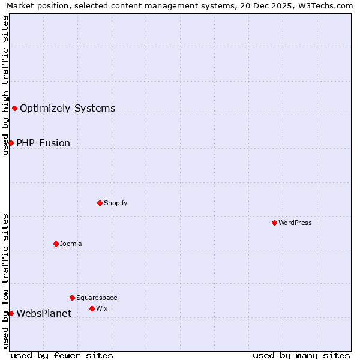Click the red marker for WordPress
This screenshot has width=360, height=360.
coord(274,223)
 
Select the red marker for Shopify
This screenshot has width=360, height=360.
coord(100,203)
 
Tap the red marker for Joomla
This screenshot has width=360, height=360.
coord(56,244)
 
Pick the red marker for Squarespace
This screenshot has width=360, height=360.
coord(72,298)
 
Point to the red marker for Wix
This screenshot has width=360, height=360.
coord(92,308)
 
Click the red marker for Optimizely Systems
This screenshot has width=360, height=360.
coord(14,108)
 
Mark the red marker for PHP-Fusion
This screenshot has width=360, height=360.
coord(11,143)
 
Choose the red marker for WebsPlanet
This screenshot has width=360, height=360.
coord(11,313)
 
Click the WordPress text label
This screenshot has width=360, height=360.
coord(295,223)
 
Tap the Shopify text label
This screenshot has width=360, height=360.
coord(116,203)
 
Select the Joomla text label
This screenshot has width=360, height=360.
coord(71,244)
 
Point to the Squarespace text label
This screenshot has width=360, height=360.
coord(97,298)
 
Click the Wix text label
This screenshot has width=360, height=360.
coord(102,308)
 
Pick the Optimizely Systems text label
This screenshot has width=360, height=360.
coord(67,109)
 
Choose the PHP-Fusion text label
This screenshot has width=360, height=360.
coord(43,143)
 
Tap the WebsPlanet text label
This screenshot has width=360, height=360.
coord(44,314)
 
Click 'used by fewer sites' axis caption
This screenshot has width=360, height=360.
coord(62,355)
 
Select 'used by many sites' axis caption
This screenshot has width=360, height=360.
coord(301,355)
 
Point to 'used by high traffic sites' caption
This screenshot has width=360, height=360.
coord(6,85)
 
